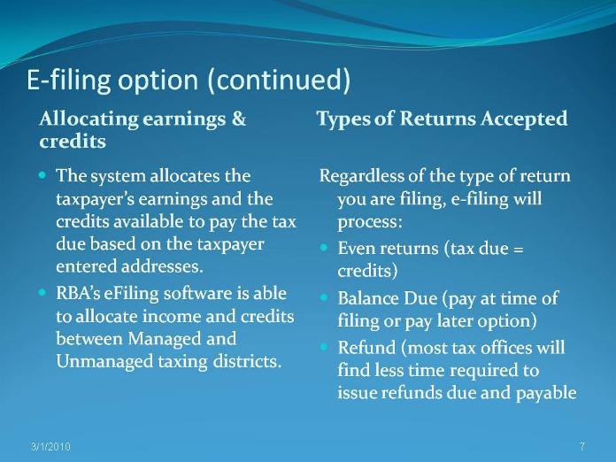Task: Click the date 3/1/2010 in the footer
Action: [x=50, y=447]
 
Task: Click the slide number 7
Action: [x=582, y=446]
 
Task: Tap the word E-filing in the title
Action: [x=69, y=81]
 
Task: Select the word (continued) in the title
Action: [x=279, y=80]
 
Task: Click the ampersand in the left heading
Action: [x=238, y=119]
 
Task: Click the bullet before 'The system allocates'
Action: [x=42, y=174]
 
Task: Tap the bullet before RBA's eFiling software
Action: [x=42, y=292]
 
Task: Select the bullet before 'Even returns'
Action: [x=324, y=248]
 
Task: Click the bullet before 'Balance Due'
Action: [x=324, y=297]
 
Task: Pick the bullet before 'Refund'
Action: [x=324, y=347]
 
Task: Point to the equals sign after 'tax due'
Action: [x=518, y=250]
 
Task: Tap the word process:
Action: [x=370, y=222]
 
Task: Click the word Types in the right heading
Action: [x=343, y=119]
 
